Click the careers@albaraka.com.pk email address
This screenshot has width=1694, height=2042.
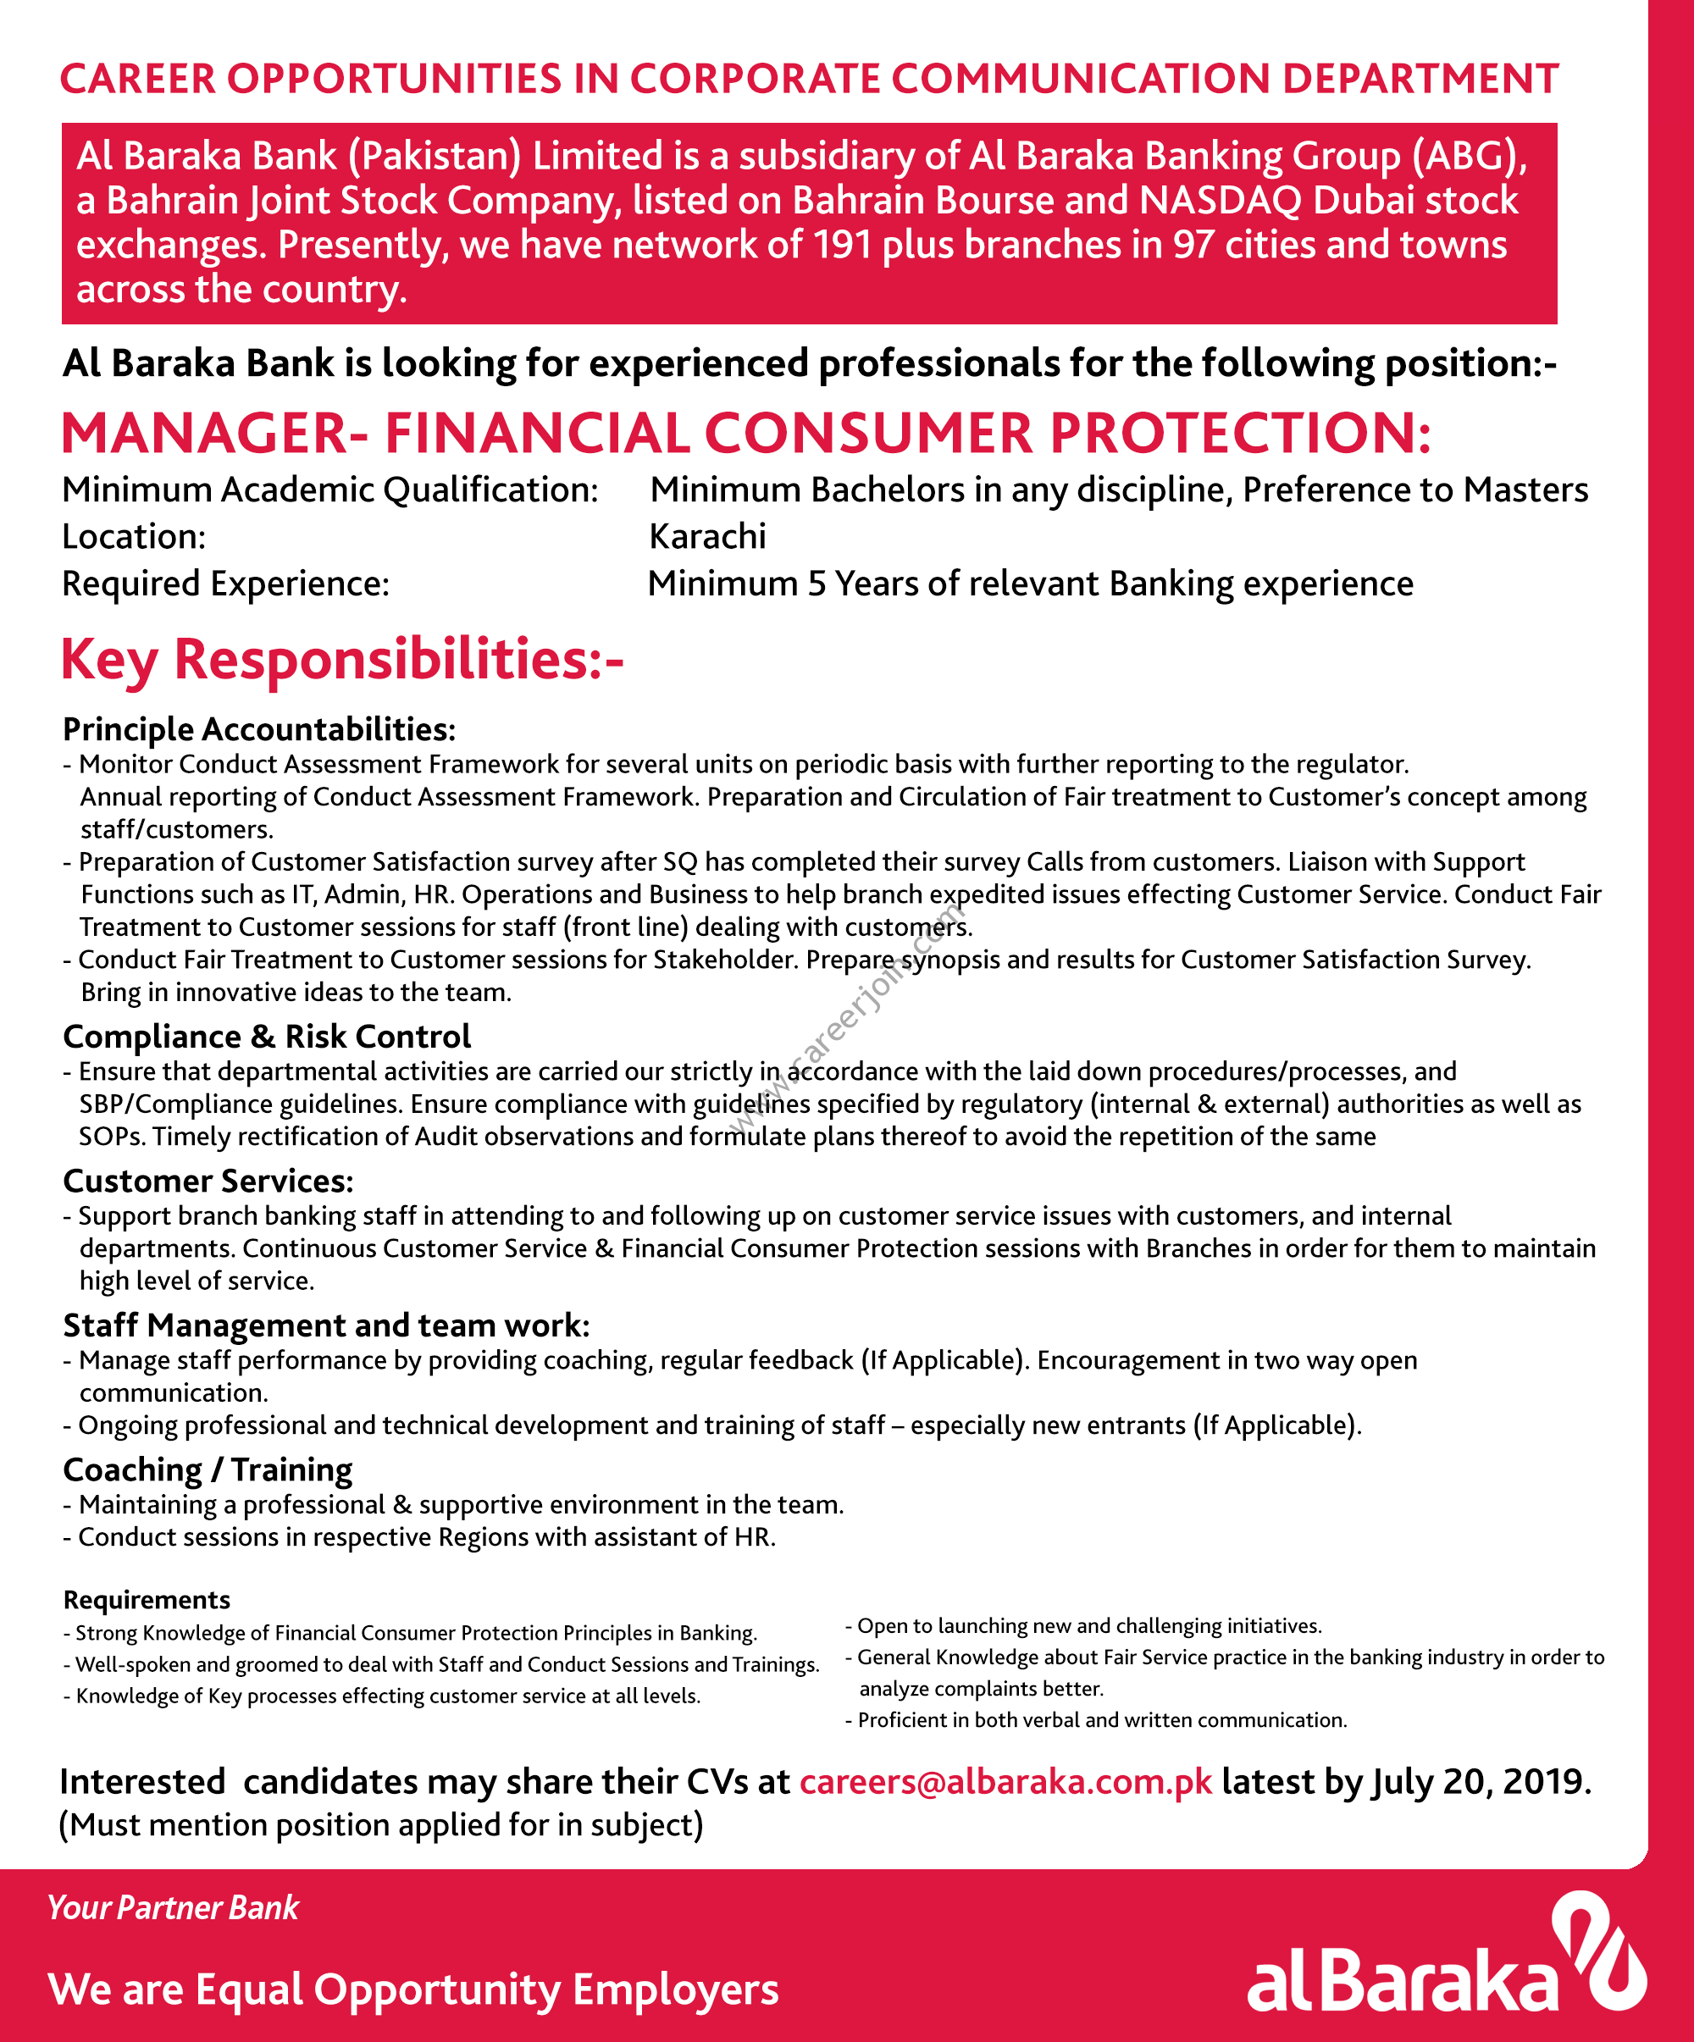point(1005,1781)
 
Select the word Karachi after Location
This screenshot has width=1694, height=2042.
point(707,536)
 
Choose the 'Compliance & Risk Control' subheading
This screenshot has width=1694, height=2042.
point(267,1037)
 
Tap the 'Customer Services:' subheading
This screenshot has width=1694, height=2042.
point(208,1181)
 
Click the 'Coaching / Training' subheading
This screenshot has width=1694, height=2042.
point(208,1469)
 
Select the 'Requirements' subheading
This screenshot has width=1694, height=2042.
point(147,1600)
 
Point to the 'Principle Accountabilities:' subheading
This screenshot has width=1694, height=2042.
point(258,729)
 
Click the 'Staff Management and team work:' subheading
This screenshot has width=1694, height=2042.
point(326,1325)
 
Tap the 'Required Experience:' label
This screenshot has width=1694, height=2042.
point(225,584)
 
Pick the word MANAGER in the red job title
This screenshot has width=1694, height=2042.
point(204,434)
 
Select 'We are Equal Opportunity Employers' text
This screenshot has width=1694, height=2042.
point(412,1989)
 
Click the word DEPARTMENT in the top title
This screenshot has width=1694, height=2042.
point(1420,79)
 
